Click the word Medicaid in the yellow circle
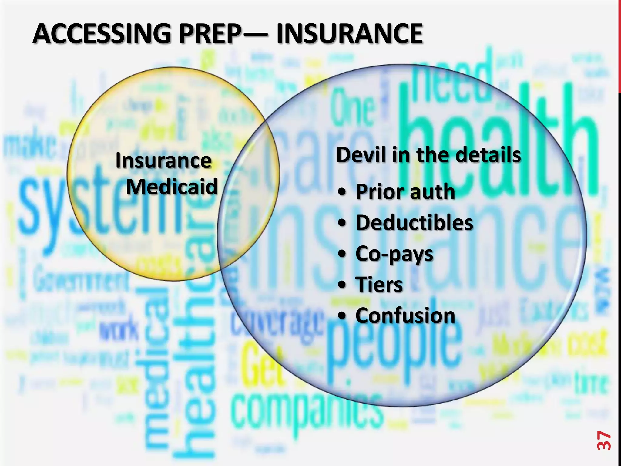coord(172,187)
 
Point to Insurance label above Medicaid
coord(163,160)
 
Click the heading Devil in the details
coord(428,155)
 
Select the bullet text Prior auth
coord(405,192)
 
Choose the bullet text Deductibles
coord(414,223)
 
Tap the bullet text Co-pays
coord(394,254)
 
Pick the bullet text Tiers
coord(379,285)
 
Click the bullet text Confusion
coord(405,316)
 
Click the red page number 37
coord(604,440)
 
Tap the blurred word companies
coord(306,410)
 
